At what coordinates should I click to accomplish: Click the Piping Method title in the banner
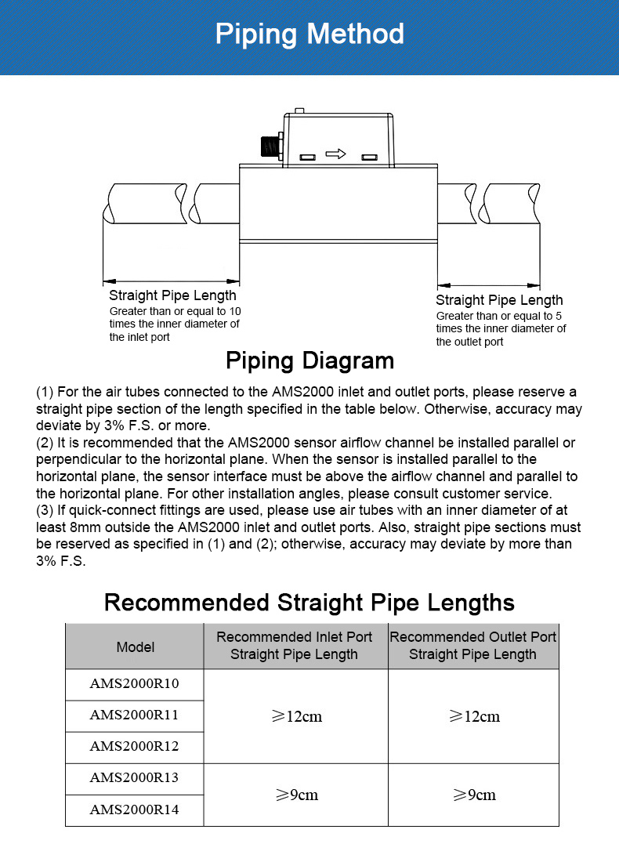(x=309, y=34)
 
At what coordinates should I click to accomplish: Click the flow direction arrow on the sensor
(x=335, y=154)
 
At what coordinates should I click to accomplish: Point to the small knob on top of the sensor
(x=299, y=111)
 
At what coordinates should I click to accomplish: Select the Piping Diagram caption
(x=309, y=360)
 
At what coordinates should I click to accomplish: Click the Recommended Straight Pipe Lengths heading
(x=309, y=603)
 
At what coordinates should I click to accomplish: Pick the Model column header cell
(x=135, y=646)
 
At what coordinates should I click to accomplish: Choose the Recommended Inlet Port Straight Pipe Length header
(x=295, y=646)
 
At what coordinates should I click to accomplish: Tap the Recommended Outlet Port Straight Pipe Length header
(x=472, y=646)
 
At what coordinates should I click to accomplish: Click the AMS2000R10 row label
(x=134, y=684)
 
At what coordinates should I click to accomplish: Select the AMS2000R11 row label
(x=134, y=715)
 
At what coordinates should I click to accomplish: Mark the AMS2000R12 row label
(x=134, y=747)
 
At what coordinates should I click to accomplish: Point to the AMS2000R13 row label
(x=134, y=778)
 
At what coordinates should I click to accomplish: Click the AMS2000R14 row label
(x=134, y=810)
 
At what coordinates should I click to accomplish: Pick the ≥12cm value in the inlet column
(x=296, y=716)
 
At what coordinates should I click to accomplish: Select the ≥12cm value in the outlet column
(x=473, y=716)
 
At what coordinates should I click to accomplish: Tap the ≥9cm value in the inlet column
(x=296, y=795)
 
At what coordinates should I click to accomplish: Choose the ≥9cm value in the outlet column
(x=473, y=795)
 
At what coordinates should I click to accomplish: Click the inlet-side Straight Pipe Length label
(x=172, y=295)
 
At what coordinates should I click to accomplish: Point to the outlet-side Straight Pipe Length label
(x=499, y=300)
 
